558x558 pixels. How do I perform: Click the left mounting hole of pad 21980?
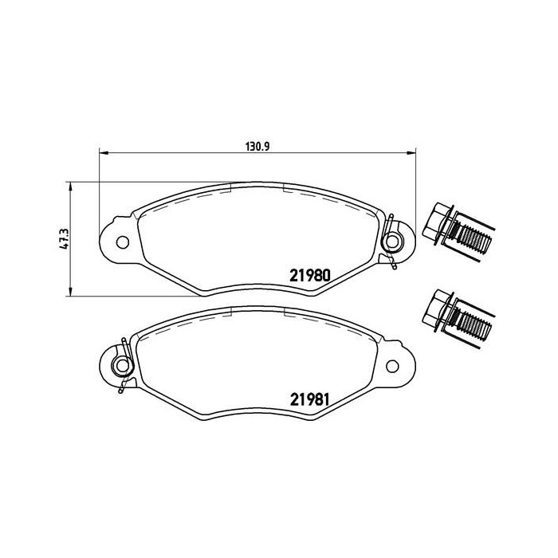tap(121, 242)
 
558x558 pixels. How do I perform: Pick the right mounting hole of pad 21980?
tap(392, 242)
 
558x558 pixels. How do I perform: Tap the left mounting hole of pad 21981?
tap(122, 367)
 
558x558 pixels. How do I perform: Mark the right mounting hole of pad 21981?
tap(392, 367)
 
